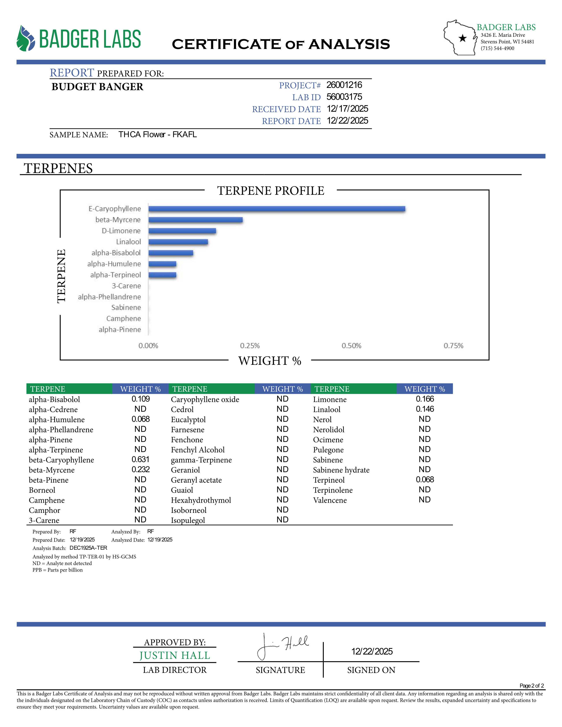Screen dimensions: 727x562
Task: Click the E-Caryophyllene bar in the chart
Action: (276, 209)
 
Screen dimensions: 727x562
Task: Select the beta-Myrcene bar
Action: (195, 220)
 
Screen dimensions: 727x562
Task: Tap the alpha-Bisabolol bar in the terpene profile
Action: (171, 253)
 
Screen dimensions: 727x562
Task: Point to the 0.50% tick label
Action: (351, 345)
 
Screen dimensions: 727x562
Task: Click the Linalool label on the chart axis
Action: (128, 242)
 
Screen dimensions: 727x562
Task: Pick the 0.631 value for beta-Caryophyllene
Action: (141, 459)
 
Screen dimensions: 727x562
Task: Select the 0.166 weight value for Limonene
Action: (425, 399)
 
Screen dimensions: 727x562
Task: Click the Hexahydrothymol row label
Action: (201, 500)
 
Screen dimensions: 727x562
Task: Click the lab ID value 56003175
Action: (344, 97)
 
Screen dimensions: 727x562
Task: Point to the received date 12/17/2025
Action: (347, 109)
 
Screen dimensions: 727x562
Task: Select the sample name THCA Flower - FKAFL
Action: (158, 134)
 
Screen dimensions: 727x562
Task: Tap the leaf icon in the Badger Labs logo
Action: (26, 39)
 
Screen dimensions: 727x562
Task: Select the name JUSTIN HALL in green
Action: (175, 655)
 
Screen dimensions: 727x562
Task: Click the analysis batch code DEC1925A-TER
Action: (88, 548)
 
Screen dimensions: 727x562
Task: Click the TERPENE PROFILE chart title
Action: (271, 191)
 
